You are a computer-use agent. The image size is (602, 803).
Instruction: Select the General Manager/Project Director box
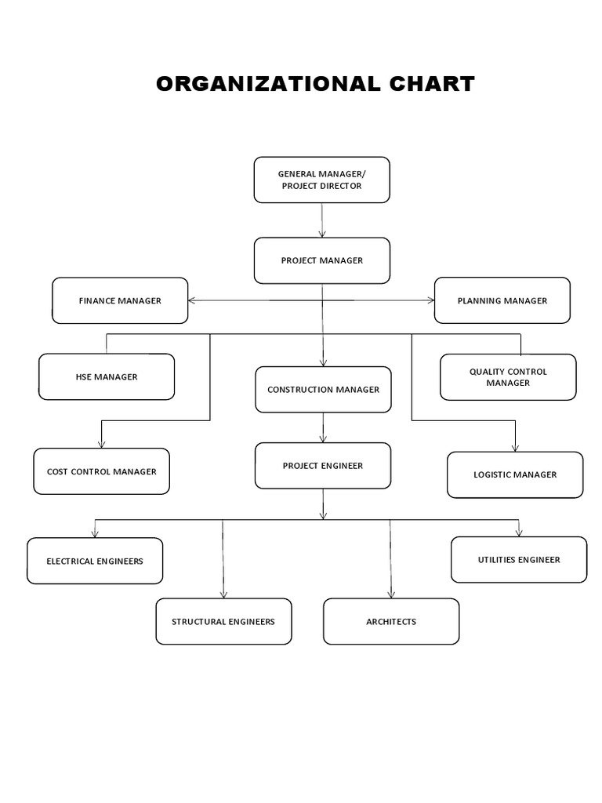[321, 180]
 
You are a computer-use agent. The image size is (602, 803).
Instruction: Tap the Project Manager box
[321, 260]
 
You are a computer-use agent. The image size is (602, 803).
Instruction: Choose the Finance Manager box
[120, 300]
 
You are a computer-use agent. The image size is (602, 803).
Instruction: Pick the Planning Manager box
[502, 300]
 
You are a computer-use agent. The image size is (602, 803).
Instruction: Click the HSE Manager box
[107, 377]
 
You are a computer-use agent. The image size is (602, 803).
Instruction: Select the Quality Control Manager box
[508, 377]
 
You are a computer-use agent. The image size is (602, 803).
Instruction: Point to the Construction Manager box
[323, 390]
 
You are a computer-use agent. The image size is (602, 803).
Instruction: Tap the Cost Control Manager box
[101, 471]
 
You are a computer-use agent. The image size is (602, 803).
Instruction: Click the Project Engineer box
[322, 466]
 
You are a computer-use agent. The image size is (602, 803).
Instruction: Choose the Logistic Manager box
[515, 474]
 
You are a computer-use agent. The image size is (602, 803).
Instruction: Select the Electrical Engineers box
[95, 561]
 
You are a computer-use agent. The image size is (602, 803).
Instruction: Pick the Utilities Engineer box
[519, 560]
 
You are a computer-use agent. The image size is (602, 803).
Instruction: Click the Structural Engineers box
[223, 622]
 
